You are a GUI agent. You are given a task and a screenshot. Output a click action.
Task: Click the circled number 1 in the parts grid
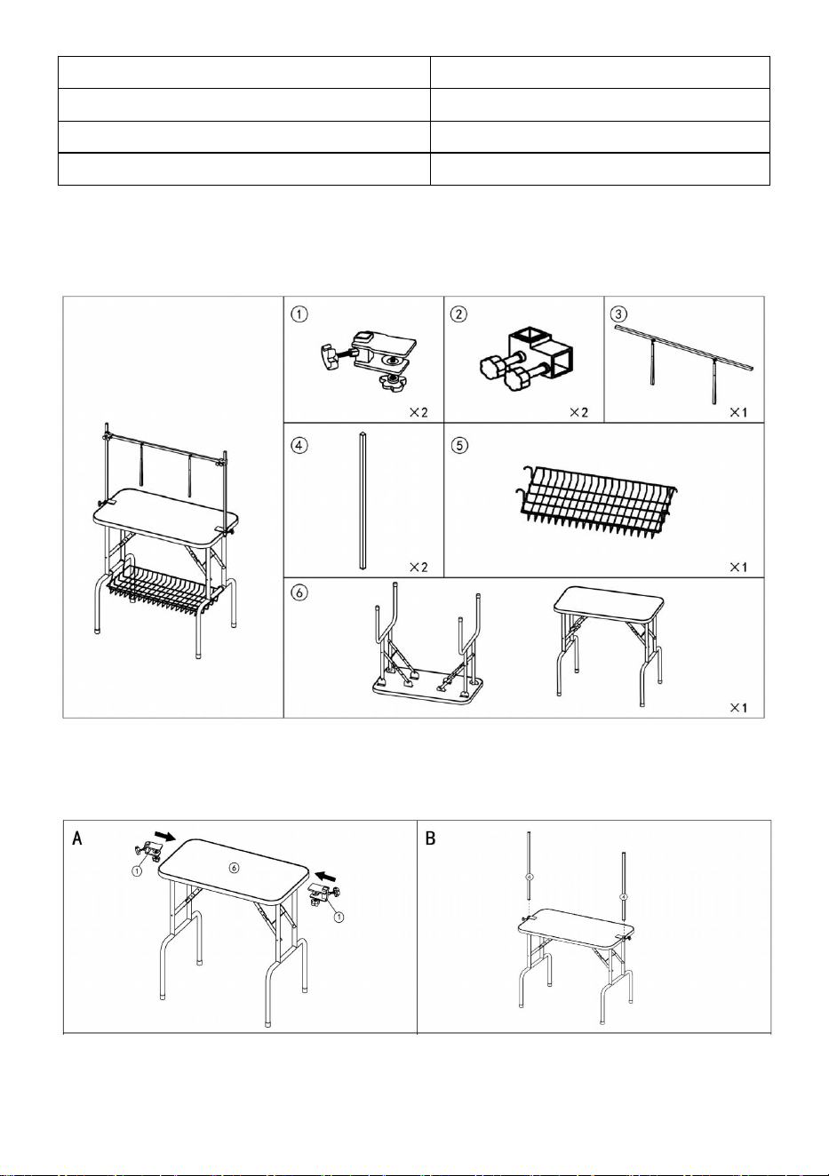299,314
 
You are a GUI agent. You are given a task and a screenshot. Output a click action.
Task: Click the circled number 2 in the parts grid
459,314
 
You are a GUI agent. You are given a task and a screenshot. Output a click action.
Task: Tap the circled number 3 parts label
618,314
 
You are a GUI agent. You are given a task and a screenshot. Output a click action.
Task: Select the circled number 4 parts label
299,446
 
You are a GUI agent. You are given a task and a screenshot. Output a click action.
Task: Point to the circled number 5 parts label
459,446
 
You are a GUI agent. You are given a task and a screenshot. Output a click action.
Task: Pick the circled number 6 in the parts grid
299,592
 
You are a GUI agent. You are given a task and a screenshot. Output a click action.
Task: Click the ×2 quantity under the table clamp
418,413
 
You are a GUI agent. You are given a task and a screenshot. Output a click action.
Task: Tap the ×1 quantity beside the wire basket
738,567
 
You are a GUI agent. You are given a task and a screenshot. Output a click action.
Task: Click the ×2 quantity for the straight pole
418,567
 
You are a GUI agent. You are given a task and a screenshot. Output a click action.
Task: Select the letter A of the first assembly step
77,838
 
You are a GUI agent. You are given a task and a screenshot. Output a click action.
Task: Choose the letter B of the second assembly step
430,838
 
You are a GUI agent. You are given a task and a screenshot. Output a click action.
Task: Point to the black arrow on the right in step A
326,876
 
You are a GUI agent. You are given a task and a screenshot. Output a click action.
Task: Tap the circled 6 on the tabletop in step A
235,868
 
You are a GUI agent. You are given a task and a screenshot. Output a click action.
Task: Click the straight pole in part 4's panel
363,501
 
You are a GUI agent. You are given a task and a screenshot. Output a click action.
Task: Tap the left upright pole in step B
530,874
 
